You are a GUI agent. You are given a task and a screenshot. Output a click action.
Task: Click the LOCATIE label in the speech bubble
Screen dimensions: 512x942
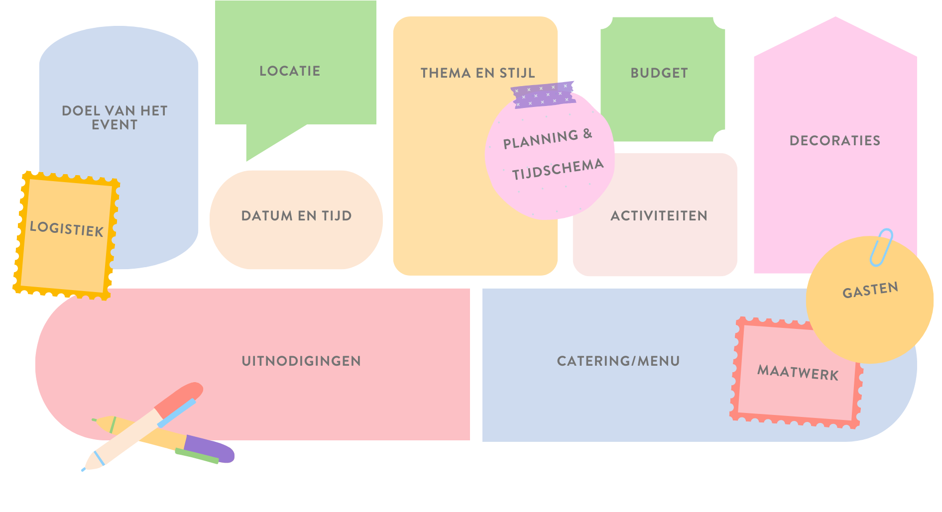pyautogui.click(x=290, y=71)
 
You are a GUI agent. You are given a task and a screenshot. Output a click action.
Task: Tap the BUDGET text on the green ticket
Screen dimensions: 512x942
pyautogui.click(x=659, y=73)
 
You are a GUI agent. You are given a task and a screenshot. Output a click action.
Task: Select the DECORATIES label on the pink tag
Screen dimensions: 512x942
pyautogui.click(x=835, y=141)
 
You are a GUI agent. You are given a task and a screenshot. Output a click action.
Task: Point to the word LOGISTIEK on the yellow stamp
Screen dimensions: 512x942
pyautogui.click(x=67, y=229)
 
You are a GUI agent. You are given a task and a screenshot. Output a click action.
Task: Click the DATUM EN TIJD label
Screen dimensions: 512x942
pyautogui.click(x=296, y=216)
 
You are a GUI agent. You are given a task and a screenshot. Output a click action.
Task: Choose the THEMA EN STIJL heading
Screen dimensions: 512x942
pyautogui.click(x=477, y=73)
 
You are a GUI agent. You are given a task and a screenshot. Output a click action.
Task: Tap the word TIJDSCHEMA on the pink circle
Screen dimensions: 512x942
pyautogui.click(x=558, y=169)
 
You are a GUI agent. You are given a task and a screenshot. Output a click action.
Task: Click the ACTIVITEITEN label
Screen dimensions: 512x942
pyautogui.click(x=659, y=216)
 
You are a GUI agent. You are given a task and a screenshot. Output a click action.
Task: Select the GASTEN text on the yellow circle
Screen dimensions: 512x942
pyautogui.click(x=870, y=290)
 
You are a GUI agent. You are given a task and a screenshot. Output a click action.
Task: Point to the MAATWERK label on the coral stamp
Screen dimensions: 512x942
pyautogui.click(x=798, y=372)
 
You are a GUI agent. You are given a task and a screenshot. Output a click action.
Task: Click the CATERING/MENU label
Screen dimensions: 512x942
pyautogui.click(x=618, y=361)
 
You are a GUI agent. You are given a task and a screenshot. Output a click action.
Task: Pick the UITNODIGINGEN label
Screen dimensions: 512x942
pyautogui.click(x=301, y=361)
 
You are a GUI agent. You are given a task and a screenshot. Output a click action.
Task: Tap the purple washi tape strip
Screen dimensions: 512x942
pyautogui.click(x=543, y=95)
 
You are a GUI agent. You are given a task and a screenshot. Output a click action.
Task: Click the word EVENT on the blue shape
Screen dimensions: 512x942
pyautogui.click(x=115, y=125)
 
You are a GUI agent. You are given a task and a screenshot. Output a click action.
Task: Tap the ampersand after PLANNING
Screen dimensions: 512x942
pyautogui.click(x=588, y=133)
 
